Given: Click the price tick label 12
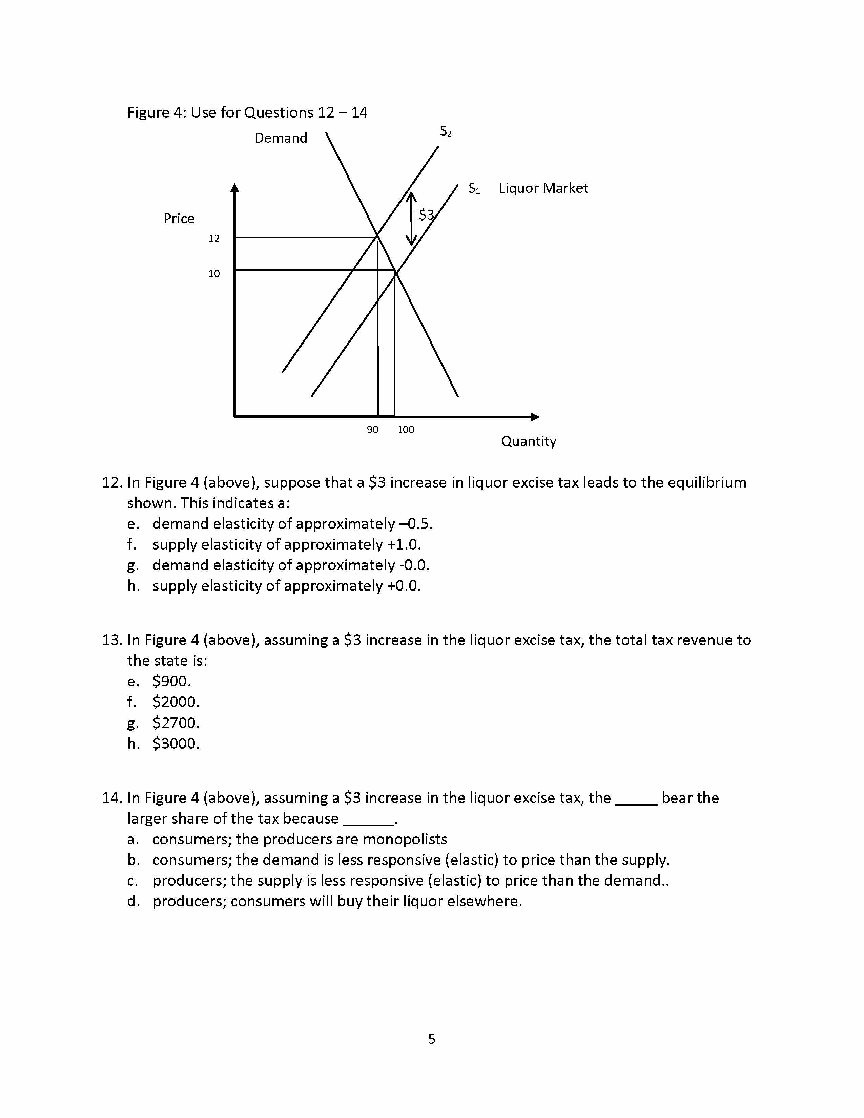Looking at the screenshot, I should click(x=214, y=239).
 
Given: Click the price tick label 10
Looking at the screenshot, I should click(x=214, y=274).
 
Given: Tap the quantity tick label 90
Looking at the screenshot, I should click(x=373, y=430).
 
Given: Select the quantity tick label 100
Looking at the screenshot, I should click(x=406, y=430).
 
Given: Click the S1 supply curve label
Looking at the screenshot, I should click(x=474, y=189).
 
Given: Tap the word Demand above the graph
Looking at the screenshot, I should click(x=281, y=138).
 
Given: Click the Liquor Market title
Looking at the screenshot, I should click(x=543, y=188).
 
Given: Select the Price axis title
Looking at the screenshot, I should click(x=179, y=219).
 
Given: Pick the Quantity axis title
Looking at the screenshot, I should click(x=529, y=441).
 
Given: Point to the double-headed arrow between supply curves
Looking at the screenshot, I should click(x=411, y=219).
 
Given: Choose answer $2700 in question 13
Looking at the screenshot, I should click(x=176, y=723).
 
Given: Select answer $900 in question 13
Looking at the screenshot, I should click(x=171, y=681).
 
